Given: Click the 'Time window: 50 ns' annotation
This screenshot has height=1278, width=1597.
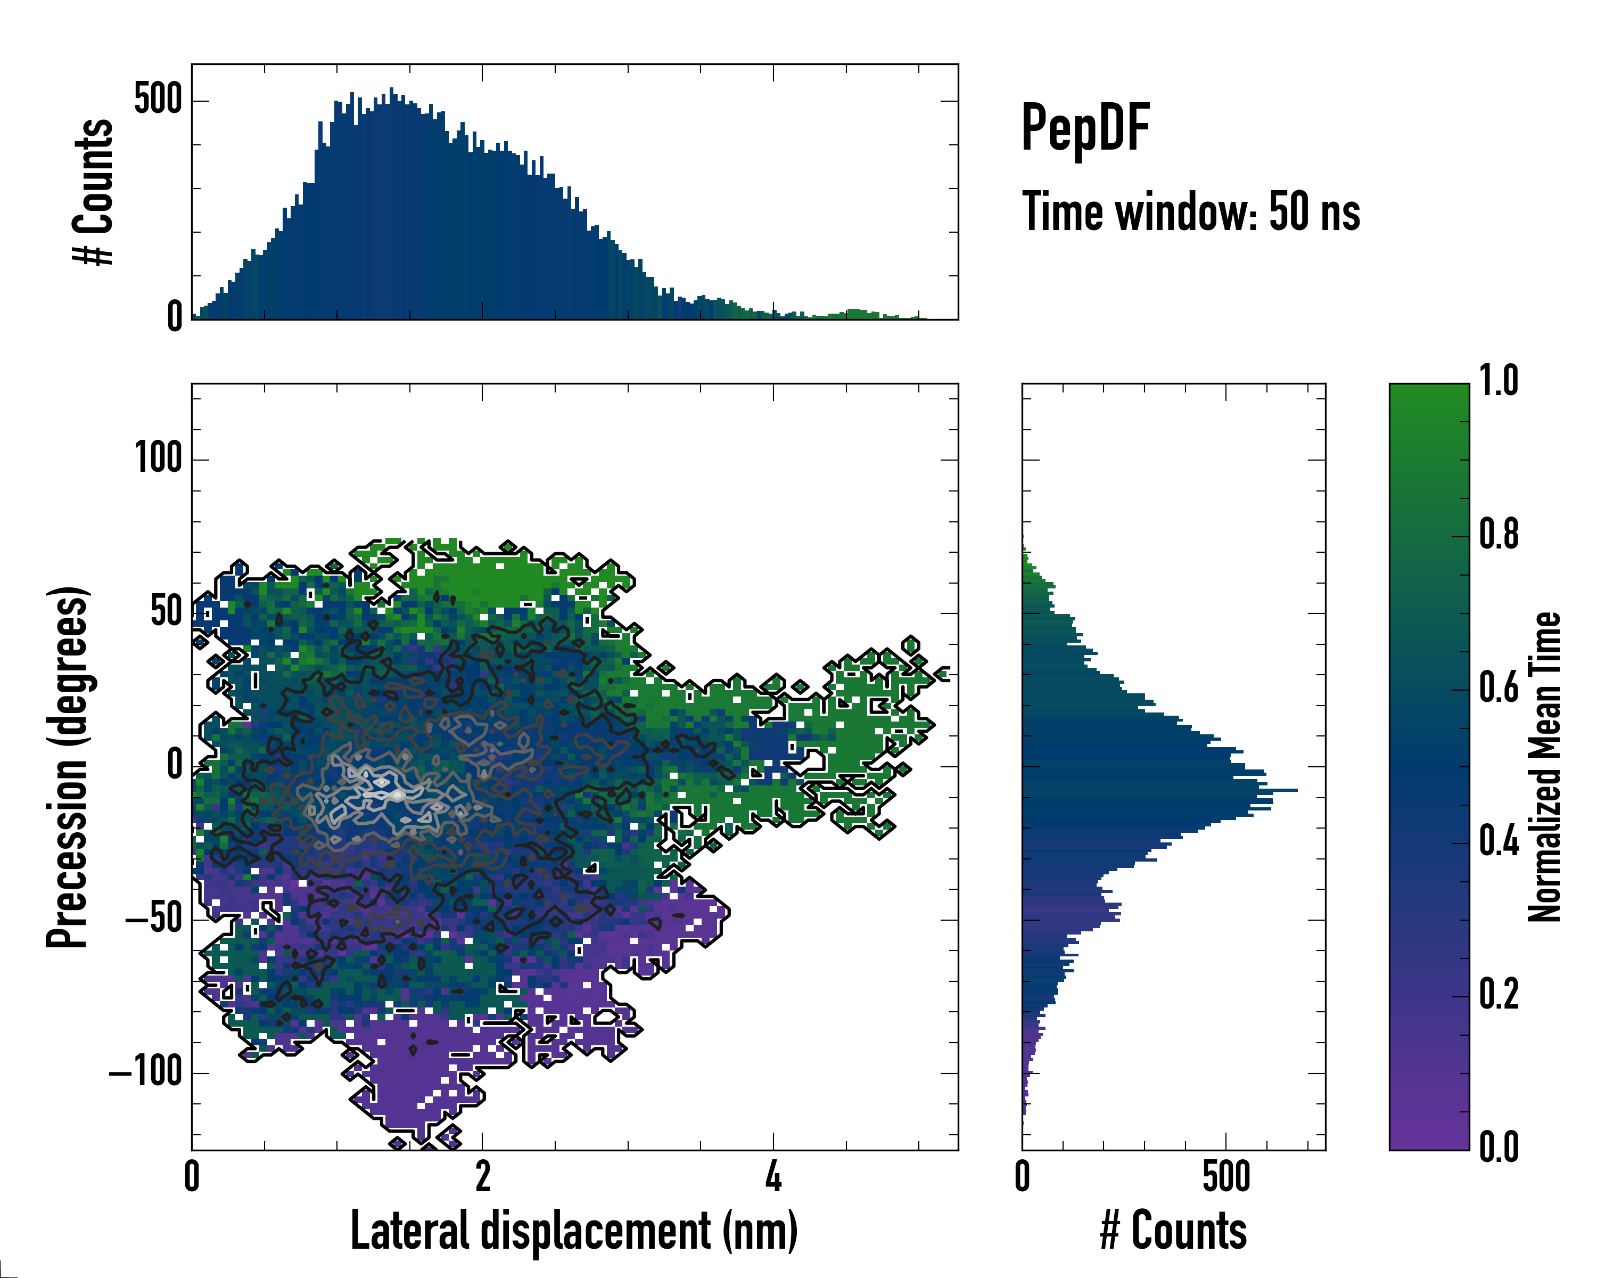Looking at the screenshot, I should (x=1190, y=212).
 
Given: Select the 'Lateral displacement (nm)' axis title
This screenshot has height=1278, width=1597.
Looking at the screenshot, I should (x=574, y=1231).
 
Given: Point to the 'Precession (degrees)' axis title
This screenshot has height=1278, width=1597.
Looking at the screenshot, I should (x=68, y=767).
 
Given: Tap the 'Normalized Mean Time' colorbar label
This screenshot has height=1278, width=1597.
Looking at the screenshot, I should (x=1544, y=767).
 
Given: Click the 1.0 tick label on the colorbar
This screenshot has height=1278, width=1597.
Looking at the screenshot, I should (x=1499, y=381).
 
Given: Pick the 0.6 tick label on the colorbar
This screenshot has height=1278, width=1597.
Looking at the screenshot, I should (x=1499, y=687).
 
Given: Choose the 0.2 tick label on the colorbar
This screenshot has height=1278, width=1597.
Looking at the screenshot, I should (x=1499, y=994).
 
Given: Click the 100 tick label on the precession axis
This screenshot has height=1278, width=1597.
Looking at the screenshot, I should (x=158, y=458).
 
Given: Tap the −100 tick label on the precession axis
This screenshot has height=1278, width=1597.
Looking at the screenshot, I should (x=146, y=1071).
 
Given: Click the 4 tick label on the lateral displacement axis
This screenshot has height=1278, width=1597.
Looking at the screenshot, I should (x=773, y=1176).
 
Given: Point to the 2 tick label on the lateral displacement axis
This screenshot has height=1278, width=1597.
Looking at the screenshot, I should (x=483, y=1176).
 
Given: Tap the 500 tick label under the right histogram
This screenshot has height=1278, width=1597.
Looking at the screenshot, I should (x=1226, y=1176).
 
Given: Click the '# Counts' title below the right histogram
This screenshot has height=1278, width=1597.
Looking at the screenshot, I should (x=1173, y=1231).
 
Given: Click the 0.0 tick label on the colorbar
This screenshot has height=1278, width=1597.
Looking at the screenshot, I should (x=1499, y=1147).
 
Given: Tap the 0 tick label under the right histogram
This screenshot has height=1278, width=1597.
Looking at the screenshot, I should (x=1022, y=1176).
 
